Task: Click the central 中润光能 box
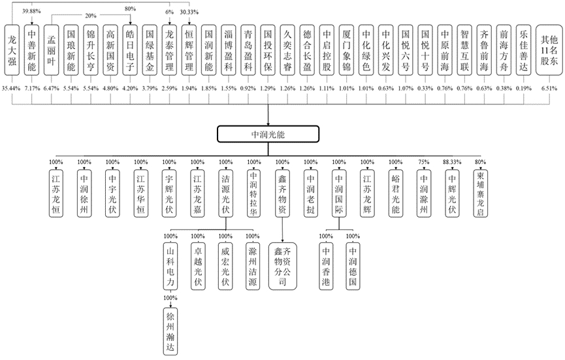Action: point(268,134)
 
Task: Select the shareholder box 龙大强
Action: point(12,50)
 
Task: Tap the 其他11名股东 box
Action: point(549,50)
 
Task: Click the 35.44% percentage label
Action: point(11,88)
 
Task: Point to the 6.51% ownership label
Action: point(549,88)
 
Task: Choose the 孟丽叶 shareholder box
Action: point(51,50)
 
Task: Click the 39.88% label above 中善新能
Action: point(31,11)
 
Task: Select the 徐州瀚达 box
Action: point(170,331)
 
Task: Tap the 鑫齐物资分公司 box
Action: point(282,266)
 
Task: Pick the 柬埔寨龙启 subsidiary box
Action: point(480,193)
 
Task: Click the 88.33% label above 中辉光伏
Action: point(452,162)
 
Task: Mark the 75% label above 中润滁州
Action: point(424,162)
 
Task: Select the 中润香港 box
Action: point(326,266)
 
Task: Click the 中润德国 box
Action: point(353,266)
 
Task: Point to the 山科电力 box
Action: point(170,266)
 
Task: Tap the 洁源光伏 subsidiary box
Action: point(225,193)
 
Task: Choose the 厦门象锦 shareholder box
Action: point(346,50)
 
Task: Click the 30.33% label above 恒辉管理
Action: point(189,12)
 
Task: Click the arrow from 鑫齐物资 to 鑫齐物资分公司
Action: point(282,229)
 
